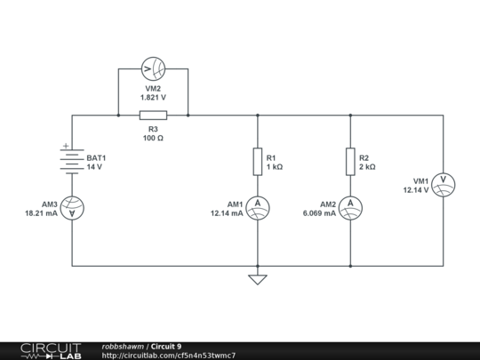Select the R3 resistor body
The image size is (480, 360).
click(x=153, y=115)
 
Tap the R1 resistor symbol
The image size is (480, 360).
click(x=258, y=162)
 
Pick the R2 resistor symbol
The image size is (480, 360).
click(x=351, y=162)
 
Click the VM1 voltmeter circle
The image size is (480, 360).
click(x=444, y=184)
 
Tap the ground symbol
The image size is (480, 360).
click(x=258, y=279)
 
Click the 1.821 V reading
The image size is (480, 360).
click(x=153, y=98)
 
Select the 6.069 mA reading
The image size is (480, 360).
click(x=319, y=213)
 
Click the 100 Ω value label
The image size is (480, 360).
click(x=153, y=138)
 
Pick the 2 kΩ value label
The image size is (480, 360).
click(x=367, y=167)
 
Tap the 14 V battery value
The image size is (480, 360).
click(x=94, y=167)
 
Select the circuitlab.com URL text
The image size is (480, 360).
click(x=169, y=356)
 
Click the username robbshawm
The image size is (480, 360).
click(x=124, y=346)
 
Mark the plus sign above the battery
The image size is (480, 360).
click(x=65, y=145)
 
